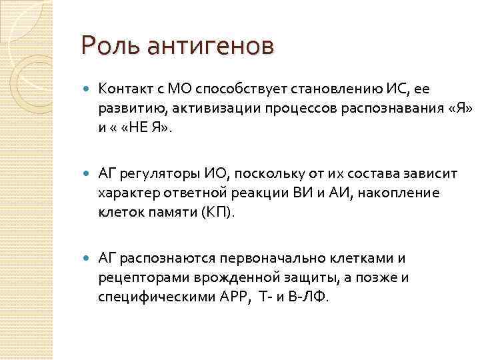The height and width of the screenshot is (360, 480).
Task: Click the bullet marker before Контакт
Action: pos(87,87)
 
